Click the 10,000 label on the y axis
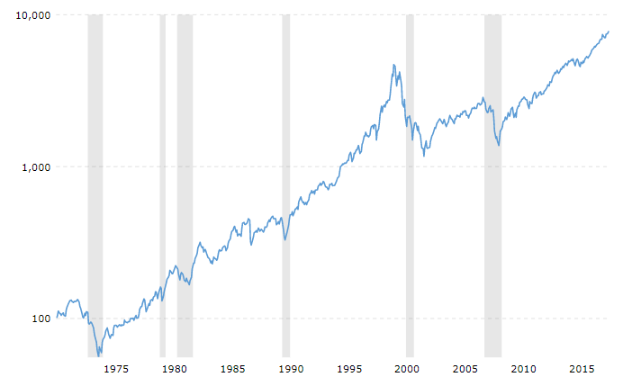(32, 15)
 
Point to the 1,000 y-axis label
(35, 166)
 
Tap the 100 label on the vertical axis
(40, 319)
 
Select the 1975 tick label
(117, 369)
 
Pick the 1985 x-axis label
(232, 369)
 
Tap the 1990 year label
(291, 369)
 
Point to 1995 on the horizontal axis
(349, 369)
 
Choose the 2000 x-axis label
(407, 369)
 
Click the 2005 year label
(465, 369)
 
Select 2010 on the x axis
(523, 369)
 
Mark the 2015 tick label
(582, 369)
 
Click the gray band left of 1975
(95, 180)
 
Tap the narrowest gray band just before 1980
(163, 180)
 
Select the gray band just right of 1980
(185, 180)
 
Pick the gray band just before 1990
(286, 180)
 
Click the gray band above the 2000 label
(410, 180)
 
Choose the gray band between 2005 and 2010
(492, 180)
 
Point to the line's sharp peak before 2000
(393, 65)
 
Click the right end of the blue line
(609, 31)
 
